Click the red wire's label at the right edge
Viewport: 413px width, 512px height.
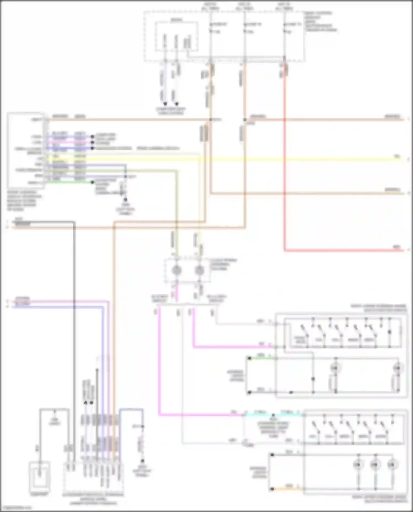[396, 247]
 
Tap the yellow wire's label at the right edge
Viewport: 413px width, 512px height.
[397, 156]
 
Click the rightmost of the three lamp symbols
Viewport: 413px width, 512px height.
[391, 465]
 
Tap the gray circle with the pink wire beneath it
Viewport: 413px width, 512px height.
[176, 271]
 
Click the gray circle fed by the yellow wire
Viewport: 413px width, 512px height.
[199, 271]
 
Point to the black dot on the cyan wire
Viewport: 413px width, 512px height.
[273, 415]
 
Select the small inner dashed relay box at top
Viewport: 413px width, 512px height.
[176, 36]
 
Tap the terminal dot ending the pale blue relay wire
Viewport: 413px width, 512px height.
[165, 104]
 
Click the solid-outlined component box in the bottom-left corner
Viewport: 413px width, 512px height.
[40, 477]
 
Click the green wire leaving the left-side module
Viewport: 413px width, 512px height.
[69, 182]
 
